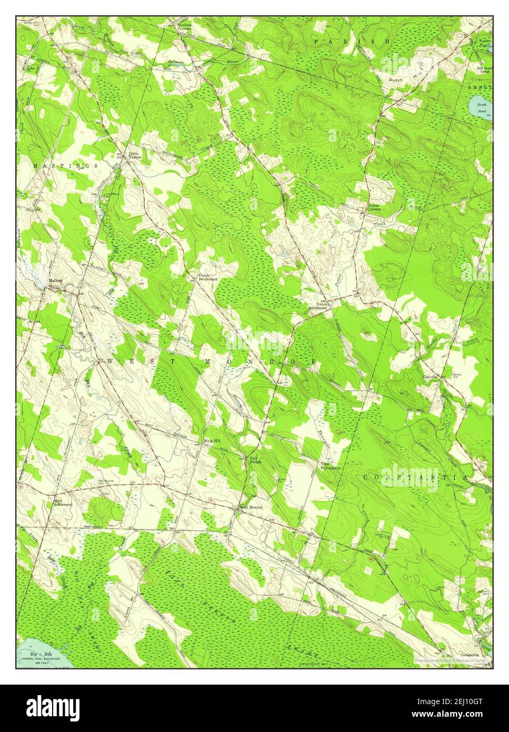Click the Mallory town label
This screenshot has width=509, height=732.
pos(56,281)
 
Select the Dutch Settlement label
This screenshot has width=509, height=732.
pos(207,277)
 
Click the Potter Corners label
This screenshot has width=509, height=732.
pos(374,207)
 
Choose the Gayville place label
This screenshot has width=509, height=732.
pos(431,377)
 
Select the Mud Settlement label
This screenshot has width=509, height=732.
pos(63,502)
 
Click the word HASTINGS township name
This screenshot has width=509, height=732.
pos(65,166)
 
